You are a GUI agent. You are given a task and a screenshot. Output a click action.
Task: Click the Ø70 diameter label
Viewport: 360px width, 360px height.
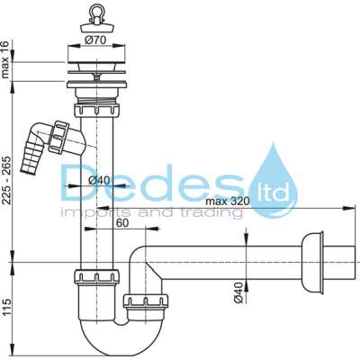(x=95, y=40)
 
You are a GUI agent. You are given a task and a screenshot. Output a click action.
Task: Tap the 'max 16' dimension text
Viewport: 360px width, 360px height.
(x=6, y=59)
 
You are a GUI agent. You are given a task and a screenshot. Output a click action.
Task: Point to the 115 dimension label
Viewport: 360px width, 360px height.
(x=6, y=306)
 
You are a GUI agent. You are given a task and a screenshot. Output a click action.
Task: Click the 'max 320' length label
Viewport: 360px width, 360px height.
(x=228, y=202)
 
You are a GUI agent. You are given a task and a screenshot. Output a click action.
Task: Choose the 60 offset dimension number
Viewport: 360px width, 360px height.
(x=121, y=223)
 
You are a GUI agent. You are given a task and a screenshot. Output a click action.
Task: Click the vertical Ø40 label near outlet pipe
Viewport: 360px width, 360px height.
(x=238, y=292)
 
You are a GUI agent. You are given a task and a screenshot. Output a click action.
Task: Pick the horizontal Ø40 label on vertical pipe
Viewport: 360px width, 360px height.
(x=99, y=180)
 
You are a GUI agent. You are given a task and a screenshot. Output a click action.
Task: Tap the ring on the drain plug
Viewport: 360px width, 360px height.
(x=97, y=11)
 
